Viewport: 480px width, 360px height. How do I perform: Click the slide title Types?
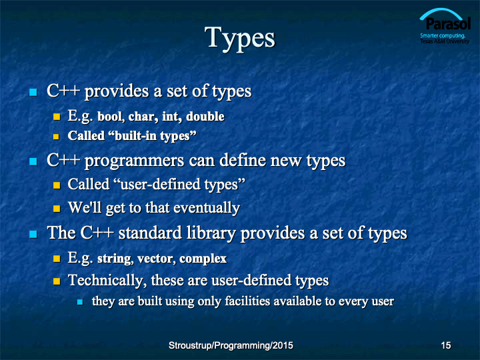point(240,39)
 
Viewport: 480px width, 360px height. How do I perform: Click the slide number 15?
point(446,345)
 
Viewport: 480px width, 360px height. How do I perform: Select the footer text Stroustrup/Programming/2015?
point(231,345)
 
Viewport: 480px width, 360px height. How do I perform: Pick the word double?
point(205,116)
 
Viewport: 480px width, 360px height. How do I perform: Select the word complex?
point(203,259)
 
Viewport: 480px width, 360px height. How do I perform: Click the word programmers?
point(134,161)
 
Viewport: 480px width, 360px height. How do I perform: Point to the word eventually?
point(207,208)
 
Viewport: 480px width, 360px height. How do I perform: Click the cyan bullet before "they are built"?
point(80,302)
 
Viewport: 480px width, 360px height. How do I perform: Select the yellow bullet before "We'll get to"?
point(57,209)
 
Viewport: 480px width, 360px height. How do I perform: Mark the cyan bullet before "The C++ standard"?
point(33,235)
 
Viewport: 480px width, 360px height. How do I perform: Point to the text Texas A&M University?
point(445,41)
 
